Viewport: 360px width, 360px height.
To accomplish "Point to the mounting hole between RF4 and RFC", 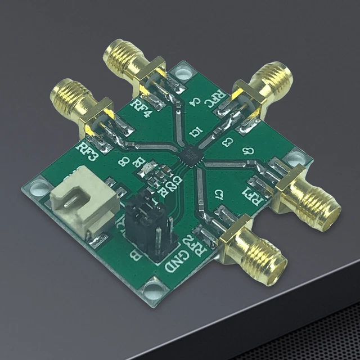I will pyautogui.click(x=182, y=72).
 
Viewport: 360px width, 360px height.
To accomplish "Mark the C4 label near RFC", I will pyautogui.click(x=195, y=102).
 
